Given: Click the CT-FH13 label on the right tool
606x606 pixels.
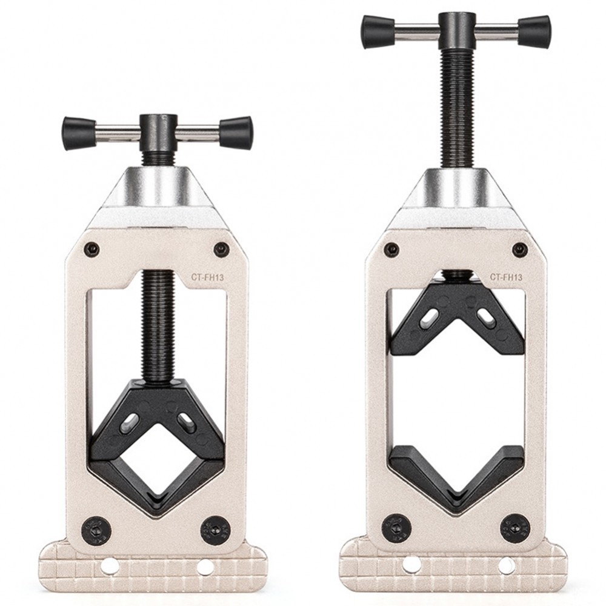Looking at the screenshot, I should click(x=507, y=276).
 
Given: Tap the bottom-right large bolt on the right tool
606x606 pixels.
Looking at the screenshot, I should click(x=514, y=528).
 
